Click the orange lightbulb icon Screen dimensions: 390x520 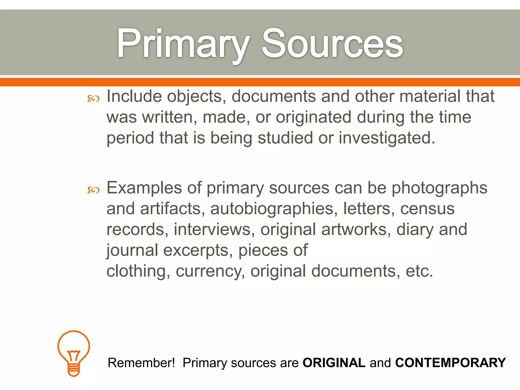click(x=74, y=353)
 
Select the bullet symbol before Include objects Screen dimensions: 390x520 click(x=93, y=99)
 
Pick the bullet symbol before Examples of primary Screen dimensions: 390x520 click(x=93, y=190)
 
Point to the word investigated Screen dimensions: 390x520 click(x=387, y=138)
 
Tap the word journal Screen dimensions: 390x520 click(x=132, y=251)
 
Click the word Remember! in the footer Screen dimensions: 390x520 click(x=141, y=363)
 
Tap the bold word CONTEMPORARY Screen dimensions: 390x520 click(x=450, y=363)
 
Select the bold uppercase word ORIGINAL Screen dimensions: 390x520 click(x=334, y=363)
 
